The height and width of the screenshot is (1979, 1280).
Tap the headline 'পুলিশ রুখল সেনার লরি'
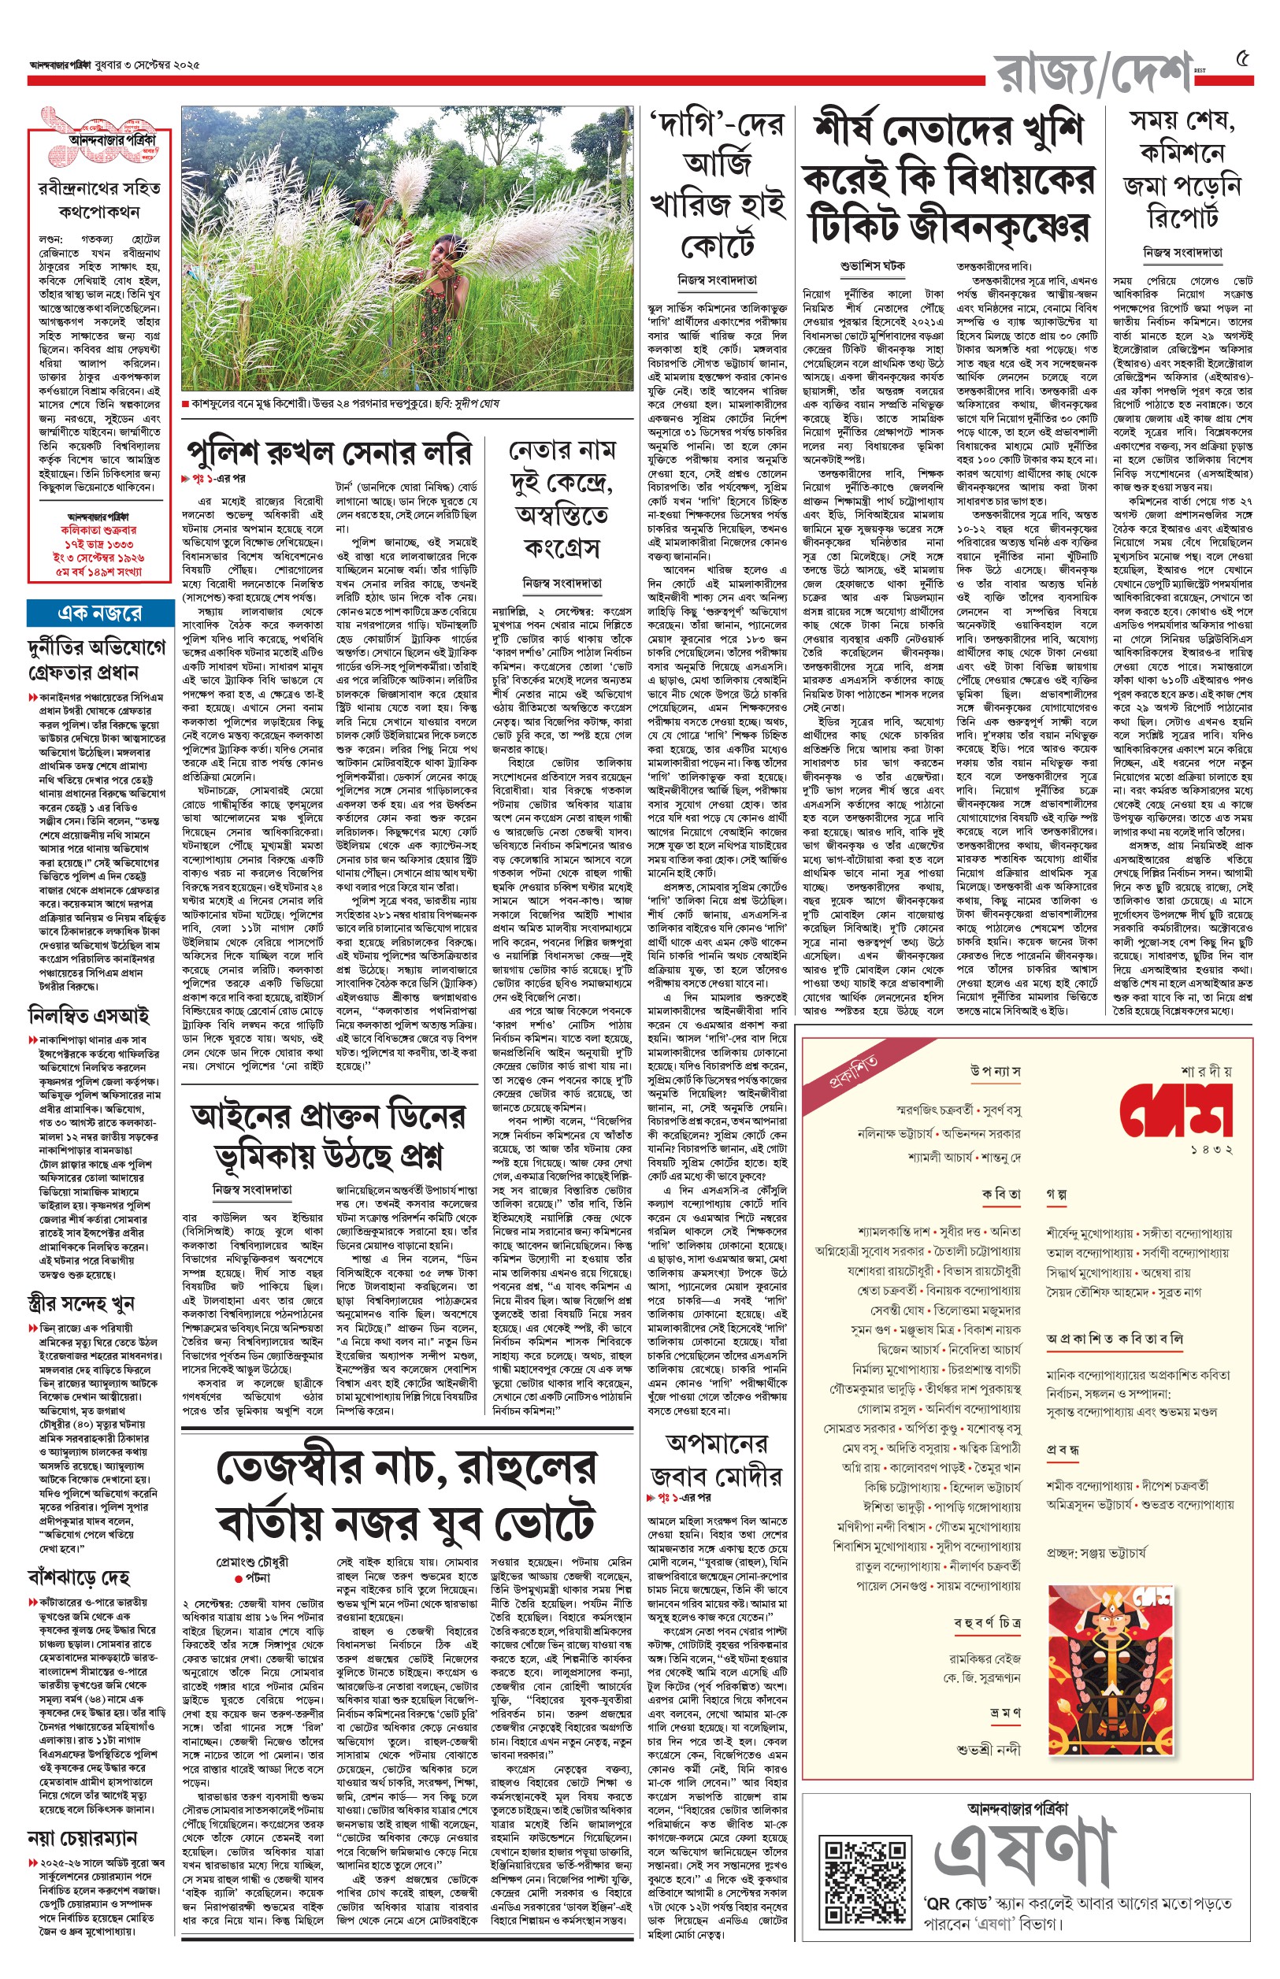point(331,451)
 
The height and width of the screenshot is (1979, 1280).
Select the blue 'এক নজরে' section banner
point(99,613)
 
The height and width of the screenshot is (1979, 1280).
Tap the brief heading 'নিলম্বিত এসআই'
point(89,1014)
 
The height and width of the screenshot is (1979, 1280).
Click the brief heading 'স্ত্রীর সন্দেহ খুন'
point(80,1302)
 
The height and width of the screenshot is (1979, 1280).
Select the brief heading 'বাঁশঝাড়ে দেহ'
point(78,1576)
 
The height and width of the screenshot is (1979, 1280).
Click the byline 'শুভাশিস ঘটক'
point(871,266)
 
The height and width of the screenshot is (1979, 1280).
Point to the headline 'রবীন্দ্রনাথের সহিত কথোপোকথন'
point(99,199)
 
